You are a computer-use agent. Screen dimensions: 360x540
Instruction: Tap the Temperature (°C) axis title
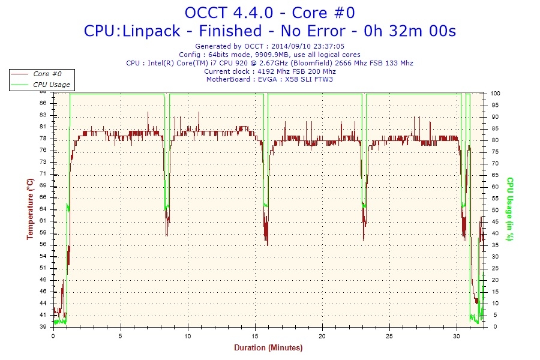(x=29, y=209)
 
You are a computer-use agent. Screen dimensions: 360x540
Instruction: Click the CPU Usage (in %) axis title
(x=510, y=209)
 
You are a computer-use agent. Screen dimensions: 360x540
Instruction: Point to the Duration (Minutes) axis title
(x=268, y=347)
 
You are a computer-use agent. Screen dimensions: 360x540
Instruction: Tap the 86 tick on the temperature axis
(x=43, y=103)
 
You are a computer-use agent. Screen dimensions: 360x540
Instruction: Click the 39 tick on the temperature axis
(x=43, y=327)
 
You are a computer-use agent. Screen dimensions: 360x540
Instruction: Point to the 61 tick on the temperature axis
(x=43, y=221)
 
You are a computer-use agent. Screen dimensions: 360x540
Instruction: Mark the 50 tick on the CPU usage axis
(x=495, y=210)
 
